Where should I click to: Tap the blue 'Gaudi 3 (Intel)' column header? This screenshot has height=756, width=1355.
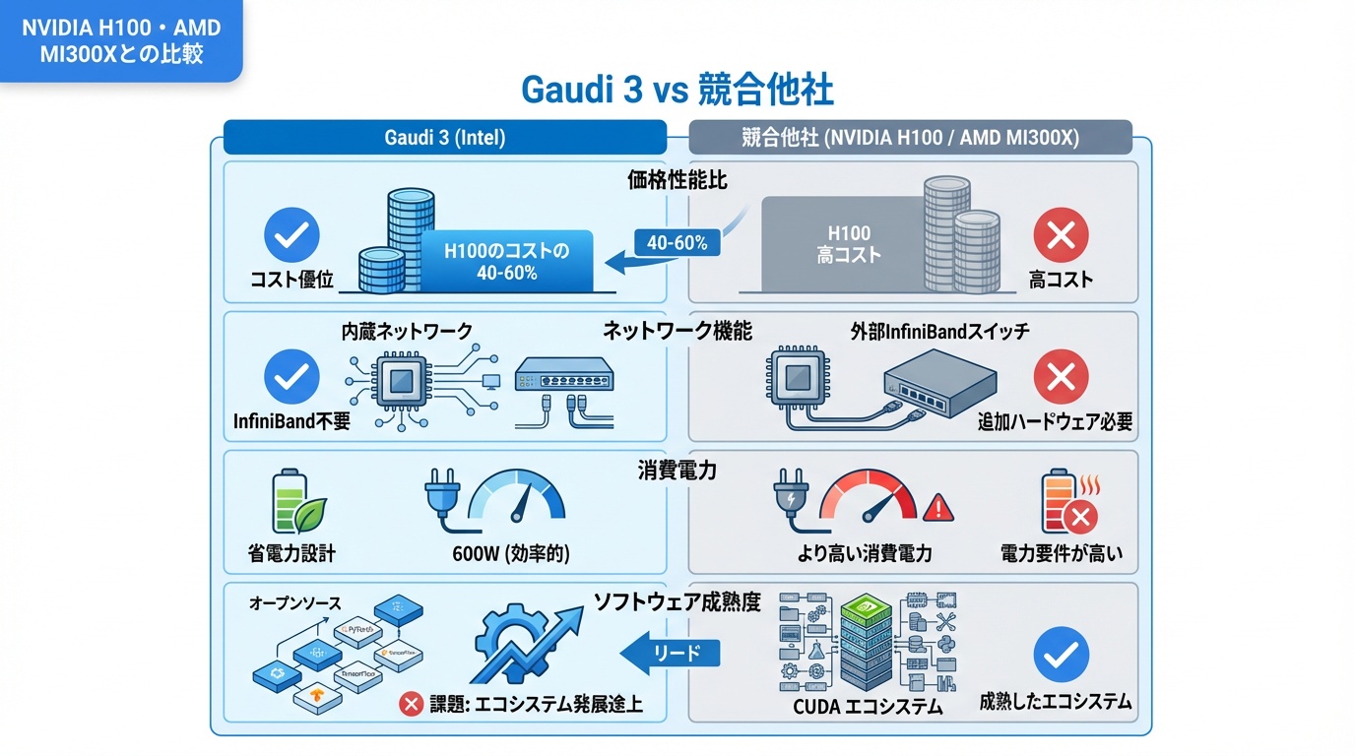pyautogui.click(x=444, y=138)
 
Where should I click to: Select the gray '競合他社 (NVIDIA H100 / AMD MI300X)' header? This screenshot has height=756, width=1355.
pyautogui.click(x=909, y=138)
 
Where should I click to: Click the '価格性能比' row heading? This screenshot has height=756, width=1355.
pyautogui.click(x=677, y=180)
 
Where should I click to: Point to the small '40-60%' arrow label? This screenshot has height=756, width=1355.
pyautogui.click(x=677, y=243)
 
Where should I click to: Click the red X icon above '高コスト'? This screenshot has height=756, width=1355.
pyautogui.click(x=1061, y=236)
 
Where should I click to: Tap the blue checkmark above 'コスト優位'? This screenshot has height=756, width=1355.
pyautogui.click(x=292, y=236)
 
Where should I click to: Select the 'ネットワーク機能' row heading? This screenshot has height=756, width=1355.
pyautogui.click(x=677, y=331)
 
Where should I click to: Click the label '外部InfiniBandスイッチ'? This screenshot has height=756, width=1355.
pyautogui.click(x=939, y=331)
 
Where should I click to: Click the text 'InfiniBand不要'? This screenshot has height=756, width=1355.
pyautogui.click(x=291, y=421)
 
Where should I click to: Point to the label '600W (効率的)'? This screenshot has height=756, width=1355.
pyautogui.click(x=511, y=553)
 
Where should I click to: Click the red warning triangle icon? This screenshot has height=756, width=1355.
pyautogui.click(x=938, y=507)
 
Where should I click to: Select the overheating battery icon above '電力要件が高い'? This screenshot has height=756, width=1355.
pyautogui.click(x=1067, y=502)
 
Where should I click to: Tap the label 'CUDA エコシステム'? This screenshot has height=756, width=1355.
pyautogui.click(x=868, y=707)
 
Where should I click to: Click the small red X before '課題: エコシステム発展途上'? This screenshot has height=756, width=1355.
pyautogui.click(x=411, y=704)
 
